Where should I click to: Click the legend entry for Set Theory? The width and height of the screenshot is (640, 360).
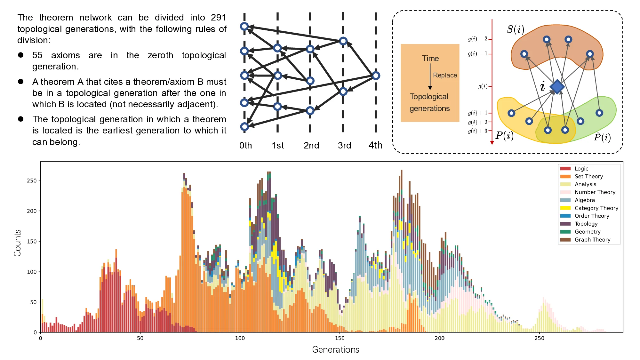pos(588,176)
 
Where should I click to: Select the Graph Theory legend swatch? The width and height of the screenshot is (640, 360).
pos(565,240)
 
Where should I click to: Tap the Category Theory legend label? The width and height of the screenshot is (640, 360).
pos(596,208)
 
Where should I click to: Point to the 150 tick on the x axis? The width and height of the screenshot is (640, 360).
pos(340,338)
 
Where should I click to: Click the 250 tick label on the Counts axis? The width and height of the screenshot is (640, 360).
pos(32,180)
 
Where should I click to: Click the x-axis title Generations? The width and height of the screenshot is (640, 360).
pos(335,349)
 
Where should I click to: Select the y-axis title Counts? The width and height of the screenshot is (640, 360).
pos(17,243)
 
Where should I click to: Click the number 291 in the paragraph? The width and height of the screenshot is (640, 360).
pos(218,17)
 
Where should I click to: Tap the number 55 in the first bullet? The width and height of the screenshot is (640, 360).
pos(37,55)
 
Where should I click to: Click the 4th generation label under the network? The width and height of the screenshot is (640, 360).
pos(375,145)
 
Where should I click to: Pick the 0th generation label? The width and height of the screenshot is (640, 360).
pos(245,146)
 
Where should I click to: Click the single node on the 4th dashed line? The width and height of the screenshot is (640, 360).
pos(376,76)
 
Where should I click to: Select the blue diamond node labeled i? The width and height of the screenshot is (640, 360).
pos(557,86)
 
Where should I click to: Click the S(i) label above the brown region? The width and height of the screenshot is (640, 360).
pos(515,29)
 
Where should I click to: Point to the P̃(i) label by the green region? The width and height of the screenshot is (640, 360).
pos(602,137)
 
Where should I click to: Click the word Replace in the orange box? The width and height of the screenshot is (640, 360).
pos(445,75)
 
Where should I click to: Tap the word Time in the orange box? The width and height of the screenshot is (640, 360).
pos(430,59)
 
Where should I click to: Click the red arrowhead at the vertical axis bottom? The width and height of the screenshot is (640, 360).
pos(492,142)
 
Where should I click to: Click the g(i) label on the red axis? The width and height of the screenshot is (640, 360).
pos(482,86)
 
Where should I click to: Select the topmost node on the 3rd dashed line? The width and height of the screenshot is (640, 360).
pos(343,41)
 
